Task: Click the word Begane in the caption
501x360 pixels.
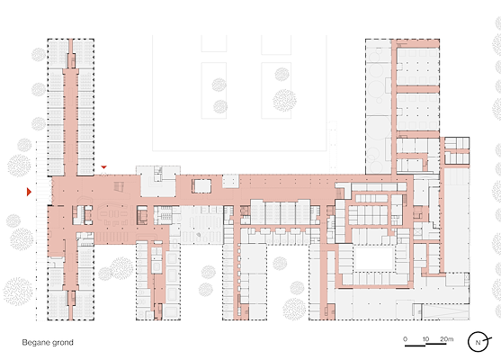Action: tap(34, 342)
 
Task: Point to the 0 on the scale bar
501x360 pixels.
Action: tap(405, 339)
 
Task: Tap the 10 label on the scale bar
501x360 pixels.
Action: tap(425, 339)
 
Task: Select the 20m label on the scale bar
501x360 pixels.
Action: tap(447, 339)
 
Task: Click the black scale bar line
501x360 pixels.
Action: tap(425, 345)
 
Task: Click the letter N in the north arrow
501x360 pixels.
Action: tap(478, 342)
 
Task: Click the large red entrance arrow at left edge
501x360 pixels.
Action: tap(29, 192)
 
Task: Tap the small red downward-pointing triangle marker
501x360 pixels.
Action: tap(103, 166)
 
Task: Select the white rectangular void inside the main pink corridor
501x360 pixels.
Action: tap(201, 186)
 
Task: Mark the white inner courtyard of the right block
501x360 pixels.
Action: tap(374, 258)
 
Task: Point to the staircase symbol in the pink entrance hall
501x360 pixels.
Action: tap(119, 186)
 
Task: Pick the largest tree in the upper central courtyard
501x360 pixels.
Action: tap(284, 101)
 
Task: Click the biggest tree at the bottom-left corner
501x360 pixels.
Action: tap(18, 292)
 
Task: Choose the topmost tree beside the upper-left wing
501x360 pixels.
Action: tap(39, 55)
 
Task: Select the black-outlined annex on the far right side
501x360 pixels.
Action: tap(457, 150)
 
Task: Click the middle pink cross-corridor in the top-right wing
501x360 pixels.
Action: tap(418, 89)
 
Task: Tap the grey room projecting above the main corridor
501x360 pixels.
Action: tap(158, 181)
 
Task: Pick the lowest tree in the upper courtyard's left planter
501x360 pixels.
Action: tap(220, 107)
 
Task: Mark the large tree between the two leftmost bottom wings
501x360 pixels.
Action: tap(121, 268)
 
